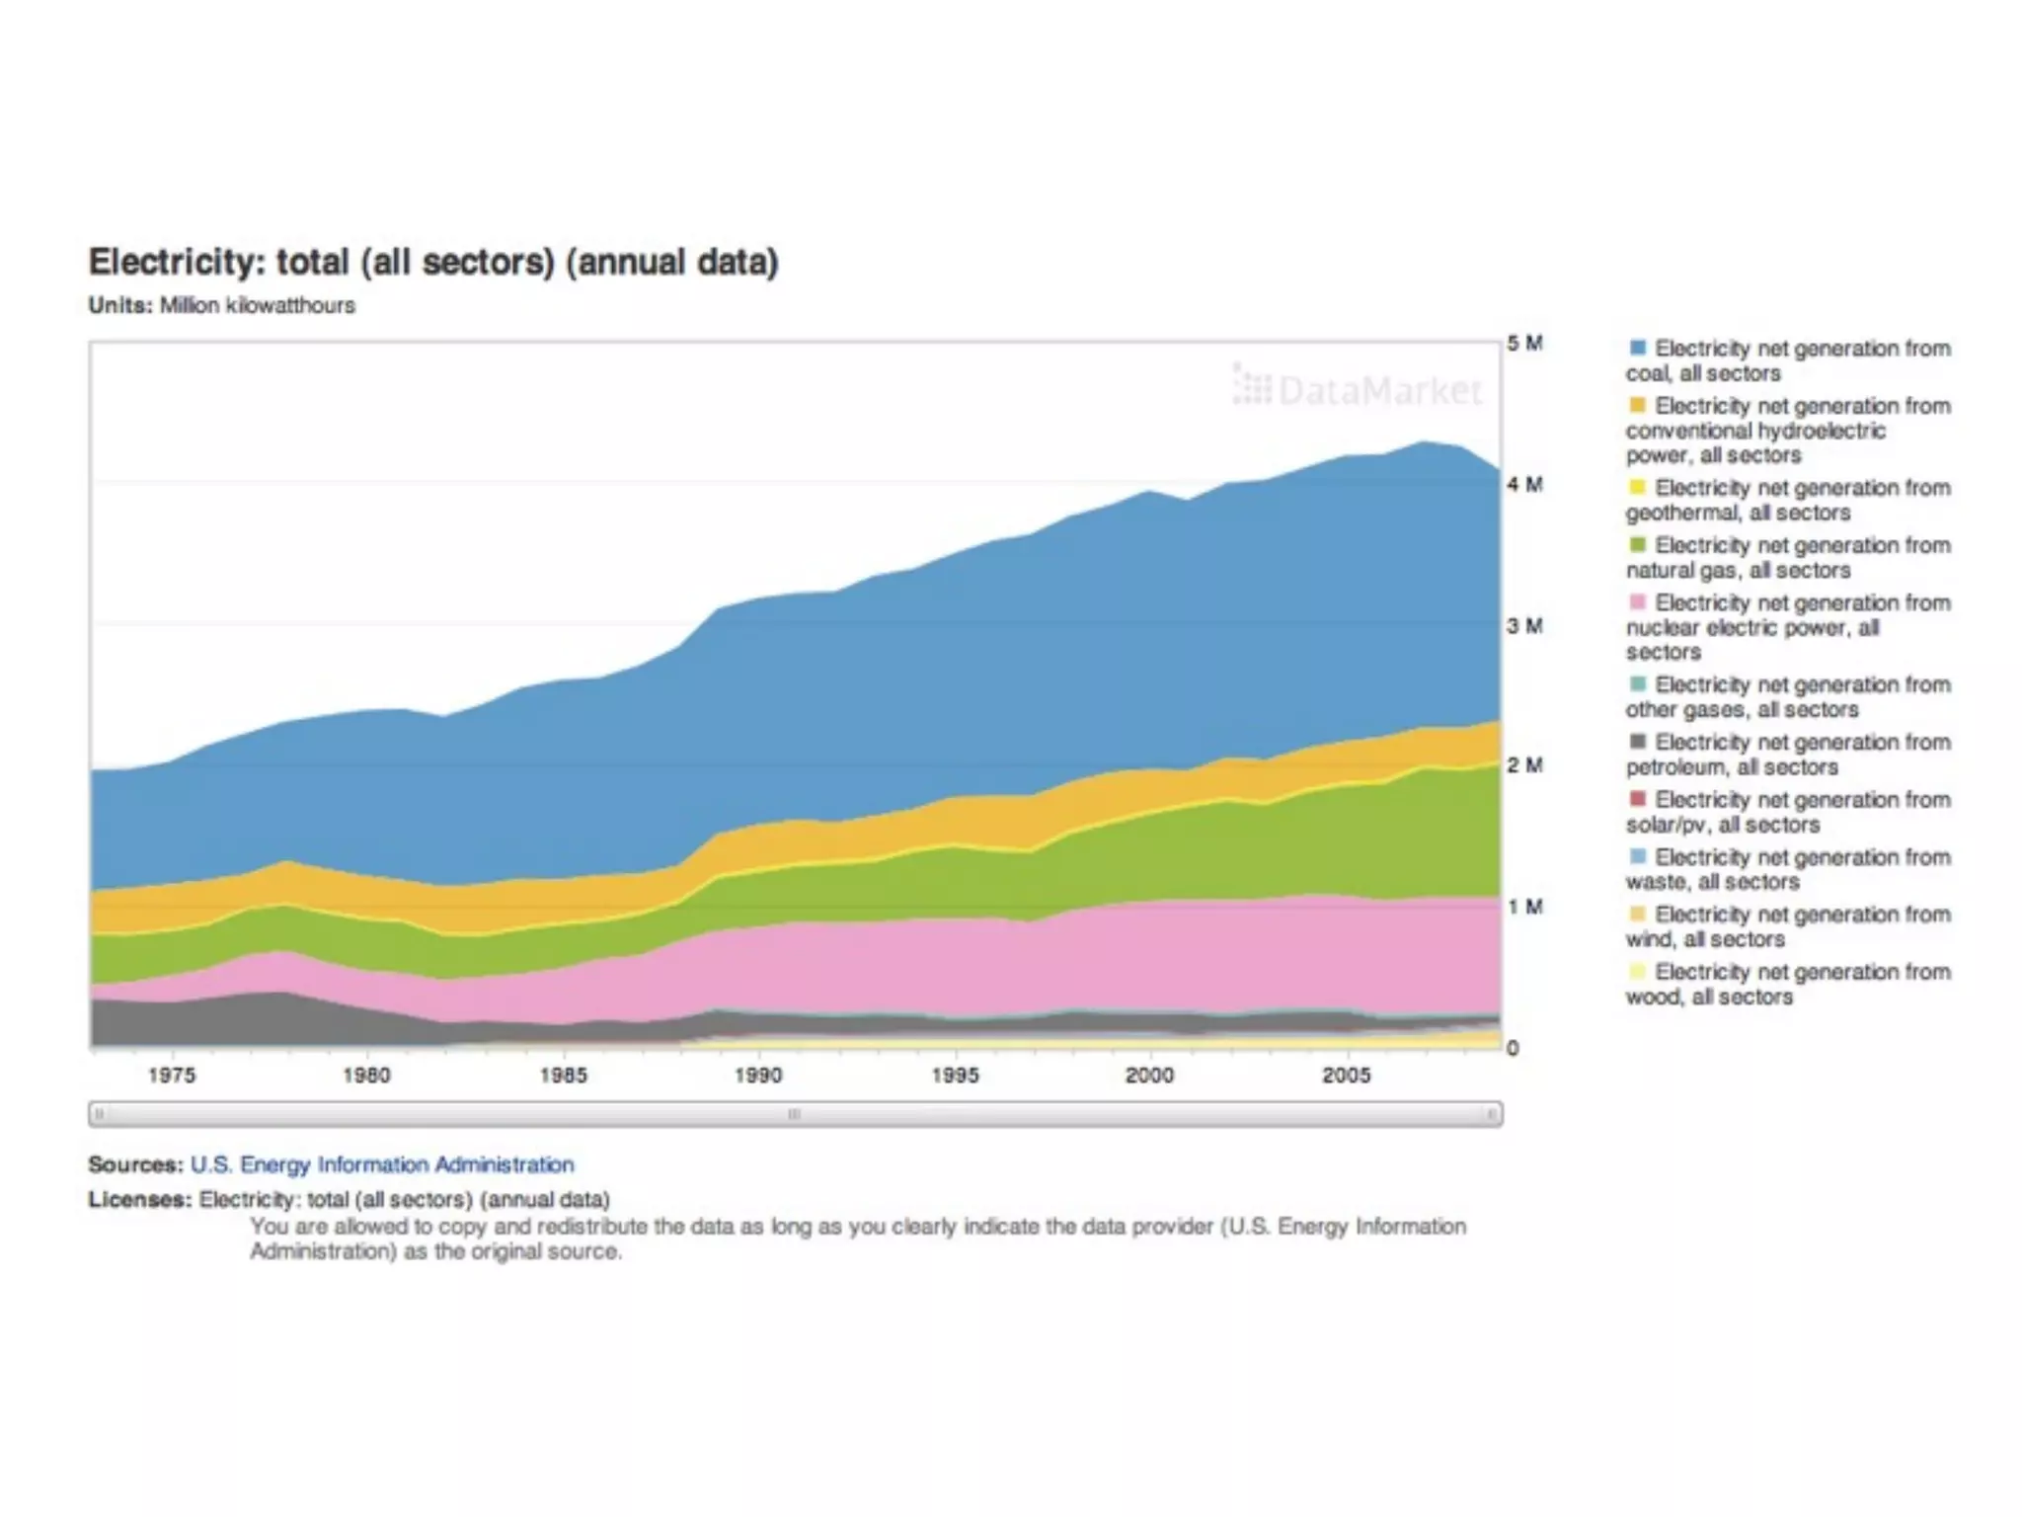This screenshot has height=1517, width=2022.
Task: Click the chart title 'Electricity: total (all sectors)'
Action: [433, 263]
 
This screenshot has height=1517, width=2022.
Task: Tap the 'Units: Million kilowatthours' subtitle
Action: [221, 305]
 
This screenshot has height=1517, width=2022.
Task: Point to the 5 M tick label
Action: [1524, 344]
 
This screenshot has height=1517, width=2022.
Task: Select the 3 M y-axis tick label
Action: [1524, 626]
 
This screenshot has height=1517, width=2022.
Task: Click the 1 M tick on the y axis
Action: [1524, 907]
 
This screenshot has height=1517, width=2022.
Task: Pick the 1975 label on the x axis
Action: [172, 1076]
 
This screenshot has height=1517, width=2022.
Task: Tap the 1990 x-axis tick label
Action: [758, 1076]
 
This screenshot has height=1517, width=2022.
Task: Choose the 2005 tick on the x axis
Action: [1346, 1076]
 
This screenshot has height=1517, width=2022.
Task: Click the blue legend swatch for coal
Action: [1638, 348]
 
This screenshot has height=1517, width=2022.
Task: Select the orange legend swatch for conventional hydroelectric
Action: [1638, 405]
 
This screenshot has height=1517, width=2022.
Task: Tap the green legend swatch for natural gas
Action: [1638, 544]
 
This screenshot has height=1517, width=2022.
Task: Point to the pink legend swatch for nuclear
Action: [1638, 601]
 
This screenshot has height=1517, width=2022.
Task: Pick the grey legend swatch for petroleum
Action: [1638, 741]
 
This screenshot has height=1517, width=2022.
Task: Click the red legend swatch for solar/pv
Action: [1638, 798]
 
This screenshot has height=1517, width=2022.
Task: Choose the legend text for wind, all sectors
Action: [1788, 926]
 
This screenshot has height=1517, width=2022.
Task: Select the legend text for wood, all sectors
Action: [1788, 984]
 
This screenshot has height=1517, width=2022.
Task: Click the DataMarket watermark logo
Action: [1358, 390]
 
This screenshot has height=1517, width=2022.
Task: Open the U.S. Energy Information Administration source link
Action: [382, 1164]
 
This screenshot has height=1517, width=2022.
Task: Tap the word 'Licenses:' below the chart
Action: [139, 1199]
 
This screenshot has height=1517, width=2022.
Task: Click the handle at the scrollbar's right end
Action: [1491, 1114]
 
